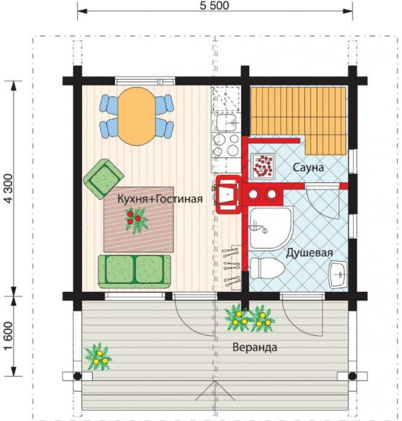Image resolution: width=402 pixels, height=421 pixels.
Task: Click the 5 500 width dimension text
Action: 214,6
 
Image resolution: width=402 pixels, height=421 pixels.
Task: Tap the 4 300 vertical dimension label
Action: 8,188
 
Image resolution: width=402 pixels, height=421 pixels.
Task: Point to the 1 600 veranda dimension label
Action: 8,336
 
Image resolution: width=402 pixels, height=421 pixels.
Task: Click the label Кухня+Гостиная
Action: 160,199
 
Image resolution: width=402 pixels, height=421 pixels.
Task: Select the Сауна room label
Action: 308,168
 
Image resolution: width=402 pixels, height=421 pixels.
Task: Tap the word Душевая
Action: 309,253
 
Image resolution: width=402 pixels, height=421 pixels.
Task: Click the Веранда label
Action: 255,347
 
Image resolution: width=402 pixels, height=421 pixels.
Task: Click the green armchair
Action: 103,179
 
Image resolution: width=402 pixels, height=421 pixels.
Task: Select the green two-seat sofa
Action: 134,271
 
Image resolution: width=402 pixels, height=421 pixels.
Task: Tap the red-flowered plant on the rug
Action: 136,220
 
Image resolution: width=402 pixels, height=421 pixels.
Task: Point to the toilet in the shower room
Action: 267,268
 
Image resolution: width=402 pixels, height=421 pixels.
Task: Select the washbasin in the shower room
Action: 338,274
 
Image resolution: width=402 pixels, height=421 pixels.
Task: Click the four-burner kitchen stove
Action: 226,145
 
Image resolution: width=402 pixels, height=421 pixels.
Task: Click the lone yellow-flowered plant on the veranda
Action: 99,357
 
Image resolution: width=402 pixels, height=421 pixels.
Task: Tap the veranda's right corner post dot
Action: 352,376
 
